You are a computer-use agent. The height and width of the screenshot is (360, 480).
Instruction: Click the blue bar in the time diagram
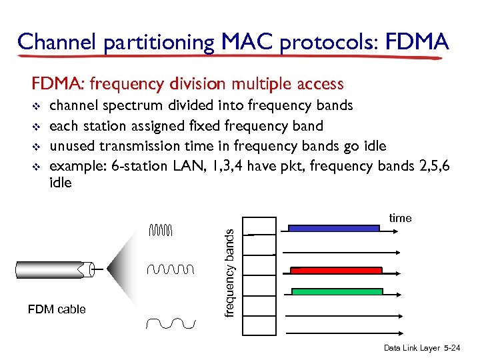coord(333,228)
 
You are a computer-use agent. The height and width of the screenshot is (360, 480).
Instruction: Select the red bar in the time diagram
coord(336,271)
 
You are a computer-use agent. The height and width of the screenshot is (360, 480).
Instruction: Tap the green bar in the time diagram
coord(337,291)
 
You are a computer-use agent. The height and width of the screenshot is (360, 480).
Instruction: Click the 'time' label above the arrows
coord(400,218)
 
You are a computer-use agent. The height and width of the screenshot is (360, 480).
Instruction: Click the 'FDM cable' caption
coord(57,309)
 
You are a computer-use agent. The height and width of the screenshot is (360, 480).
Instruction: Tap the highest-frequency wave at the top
coord(161,231)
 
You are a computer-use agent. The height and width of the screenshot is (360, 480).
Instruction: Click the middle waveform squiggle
coord(170,269)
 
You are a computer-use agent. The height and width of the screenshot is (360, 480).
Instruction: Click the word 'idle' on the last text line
coord(61,183)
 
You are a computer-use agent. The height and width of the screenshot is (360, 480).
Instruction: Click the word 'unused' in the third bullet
coord(72,146)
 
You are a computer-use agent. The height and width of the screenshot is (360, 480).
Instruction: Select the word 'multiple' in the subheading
coord(259,83)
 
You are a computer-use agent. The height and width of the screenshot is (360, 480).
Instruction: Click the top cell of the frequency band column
coord(259,227)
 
